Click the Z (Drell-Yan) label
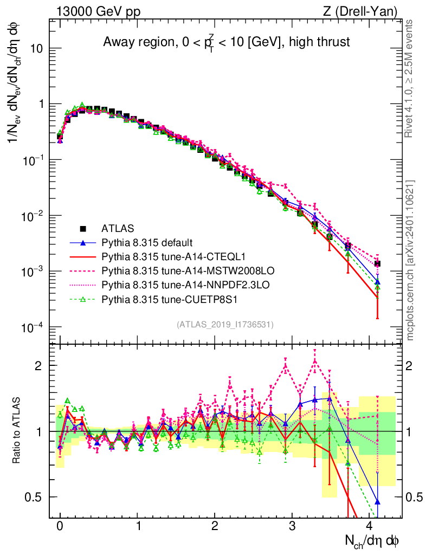tap(365, 10)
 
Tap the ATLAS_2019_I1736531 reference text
tap(225, 325)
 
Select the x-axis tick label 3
tap(292, 526)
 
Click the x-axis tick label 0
tap(60, 526)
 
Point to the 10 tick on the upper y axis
tap(37, 49)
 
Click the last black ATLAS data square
tap(377, 263)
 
